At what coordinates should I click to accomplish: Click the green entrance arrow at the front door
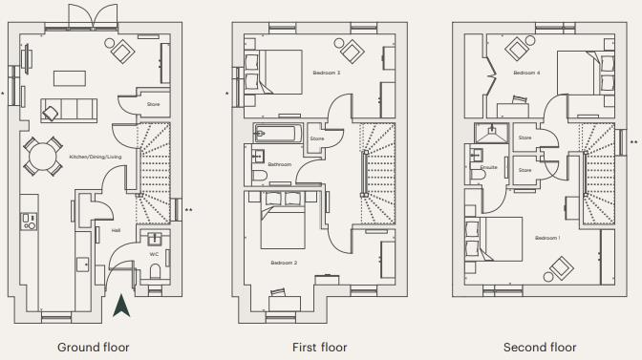tap(120, 307)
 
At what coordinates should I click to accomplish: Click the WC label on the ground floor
tap(154, 254)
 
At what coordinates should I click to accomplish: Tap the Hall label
tap(116, 230)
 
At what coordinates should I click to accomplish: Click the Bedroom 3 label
tap(326, 73)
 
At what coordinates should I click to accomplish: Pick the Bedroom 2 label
tap(283, 262)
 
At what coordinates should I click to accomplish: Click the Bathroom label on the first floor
tap(279, 164)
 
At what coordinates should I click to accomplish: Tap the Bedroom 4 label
tap(525, 73)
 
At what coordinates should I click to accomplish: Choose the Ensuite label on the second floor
tap(488, 167)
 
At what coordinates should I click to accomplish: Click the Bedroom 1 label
tap(546, 237)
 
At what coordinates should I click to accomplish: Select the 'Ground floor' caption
tap(93, 347)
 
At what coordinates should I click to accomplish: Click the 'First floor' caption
tap(320, 347)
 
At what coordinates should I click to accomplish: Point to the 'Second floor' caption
tap(540, 347)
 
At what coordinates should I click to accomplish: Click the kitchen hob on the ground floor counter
tap(29, 222)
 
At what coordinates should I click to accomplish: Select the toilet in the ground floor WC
tap(155, 273)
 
